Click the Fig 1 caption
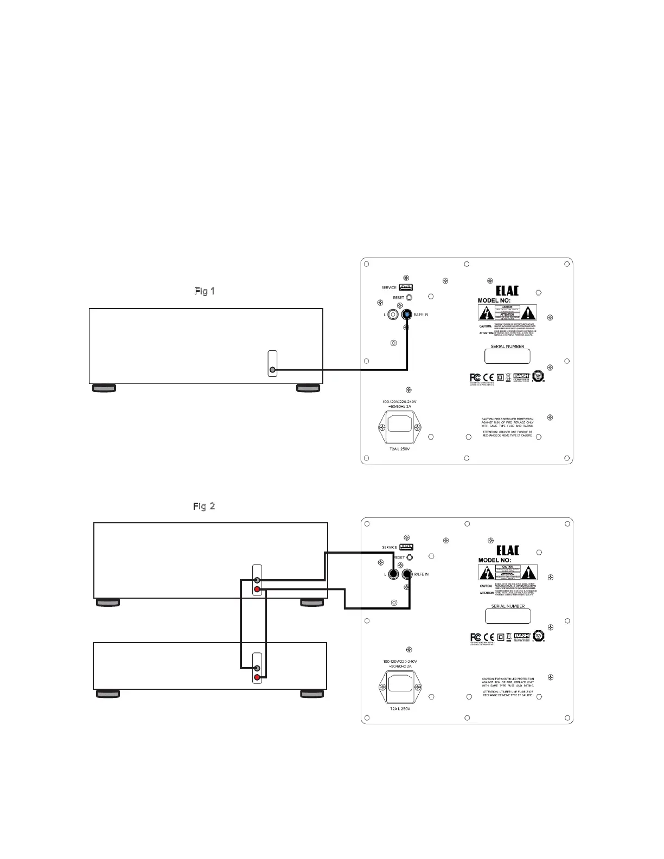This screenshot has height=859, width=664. coord(205,291)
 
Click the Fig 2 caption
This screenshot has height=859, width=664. coord(204,506)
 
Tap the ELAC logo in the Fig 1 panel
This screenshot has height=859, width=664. coord(507,290)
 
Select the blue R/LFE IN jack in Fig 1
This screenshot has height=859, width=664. coord(407,315)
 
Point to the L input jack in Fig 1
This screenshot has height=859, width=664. coord(393,315)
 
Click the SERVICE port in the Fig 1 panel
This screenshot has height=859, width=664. coord(406,287)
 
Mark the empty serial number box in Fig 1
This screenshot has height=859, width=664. coord(507,356)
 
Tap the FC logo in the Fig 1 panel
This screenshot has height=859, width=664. coord(475,377)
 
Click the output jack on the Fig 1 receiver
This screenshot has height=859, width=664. coord(273,370)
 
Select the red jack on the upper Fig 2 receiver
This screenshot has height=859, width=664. coord(257,589)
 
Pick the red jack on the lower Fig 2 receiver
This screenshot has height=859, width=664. coord(257,677)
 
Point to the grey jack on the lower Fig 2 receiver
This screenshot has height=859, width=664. coord(257,668)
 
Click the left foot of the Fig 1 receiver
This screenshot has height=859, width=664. coord(104,388)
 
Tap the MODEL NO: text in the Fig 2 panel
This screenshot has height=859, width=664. coord(494,560)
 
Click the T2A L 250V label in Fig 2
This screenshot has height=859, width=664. coord(400,709)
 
